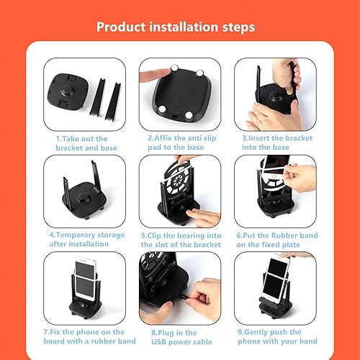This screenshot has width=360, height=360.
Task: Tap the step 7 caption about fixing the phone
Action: [x=81, y=336]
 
